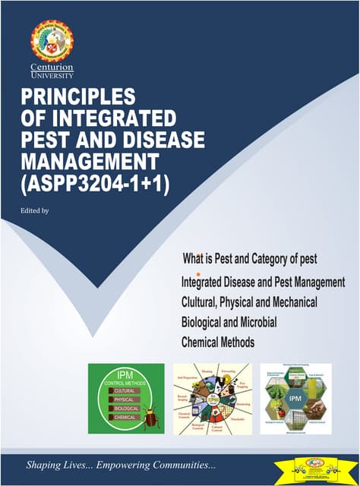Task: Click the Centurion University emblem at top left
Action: pyautogui.click(x=52, y=43)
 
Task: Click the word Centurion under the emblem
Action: pyautogui.click(x=52, y=69)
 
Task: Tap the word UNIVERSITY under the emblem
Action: pyautogui.click(x=52, y=77)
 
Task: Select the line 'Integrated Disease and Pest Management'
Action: pyautogui.click(x=264, y=282)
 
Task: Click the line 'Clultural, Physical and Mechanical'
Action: pyautogui.click(x=249, y=302)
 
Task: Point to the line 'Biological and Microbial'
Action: pyautogui.click(x=229, y=322)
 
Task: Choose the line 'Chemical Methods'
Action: pyautogui.click(x=218, y=342)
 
